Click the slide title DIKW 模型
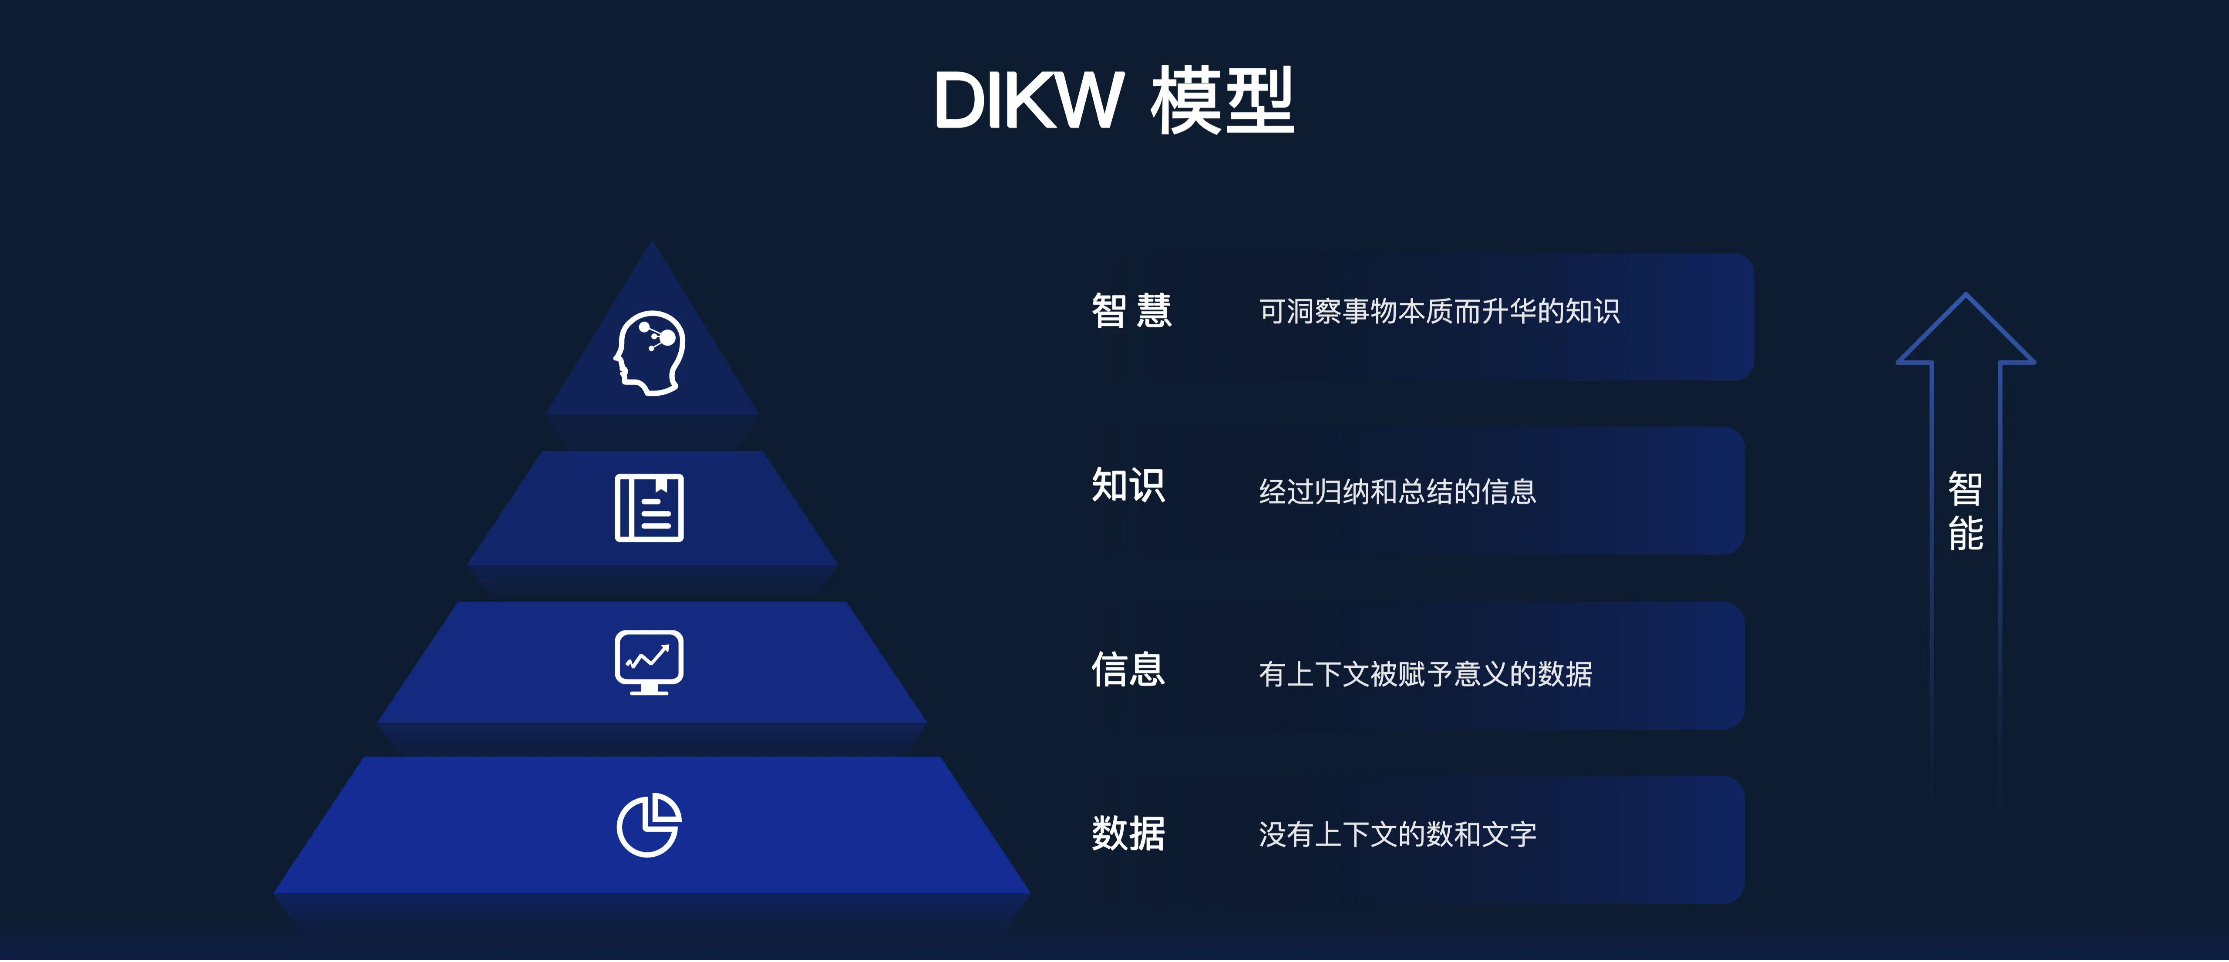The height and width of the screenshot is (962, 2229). click(1114, 101)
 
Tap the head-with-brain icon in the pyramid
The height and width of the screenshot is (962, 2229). click(650, 353)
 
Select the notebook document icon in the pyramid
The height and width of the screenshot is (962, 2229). click(649, 508)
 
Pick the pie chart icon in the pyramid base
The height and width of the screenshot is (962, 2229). click(649, 824)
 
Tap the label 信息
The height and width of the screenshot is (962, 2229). click(1128, 669)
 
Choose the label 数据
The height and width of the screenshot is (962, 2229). click(1128, 833)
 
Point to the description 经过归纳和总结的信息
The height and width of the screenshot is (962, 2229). click(1397, 491)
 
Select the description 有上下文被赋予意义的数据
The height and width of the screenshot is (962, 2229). click(1425, 673)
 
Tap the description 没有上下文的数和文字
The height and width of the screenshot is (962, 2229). click(1397, 834)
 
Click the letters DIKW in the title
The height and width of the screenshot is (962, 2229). click(1029, 101)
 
